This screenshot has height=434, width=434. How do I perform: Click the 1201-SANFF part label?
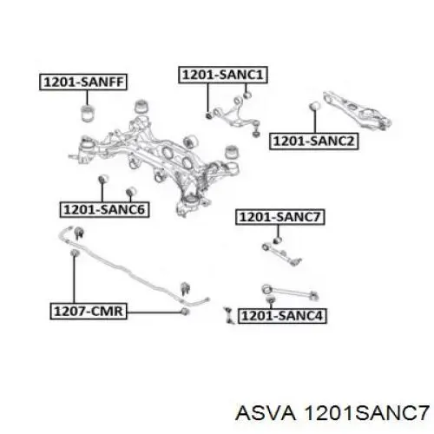83,82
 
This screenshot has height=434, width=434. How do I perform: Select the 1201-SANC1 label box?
222,75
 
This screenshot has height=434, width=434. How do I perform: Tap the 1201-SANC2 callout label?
314,141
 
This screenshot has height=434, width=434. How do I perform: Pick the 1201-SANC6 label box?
104,209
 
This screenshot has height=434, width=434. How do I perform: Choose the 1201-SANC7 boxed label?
279,217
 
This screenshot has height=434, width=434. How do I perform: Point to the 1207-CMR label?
89,311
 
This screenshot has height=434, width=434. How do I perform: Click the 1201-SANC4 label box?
282,315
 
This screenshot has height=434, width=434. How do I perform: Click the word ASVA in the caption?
266,412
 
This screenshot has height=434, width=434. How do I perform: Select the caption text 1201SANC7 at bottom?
366,412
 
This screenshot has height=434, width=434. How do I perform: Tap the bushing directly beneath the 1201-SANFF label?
87,114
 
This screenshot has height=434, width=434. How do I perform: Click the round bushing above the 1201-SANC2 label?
314,106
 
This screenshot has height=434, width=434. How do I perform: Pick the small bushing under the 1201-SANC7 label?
278,240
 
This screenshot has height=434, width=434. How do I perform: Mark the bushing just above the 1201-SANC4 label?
270,299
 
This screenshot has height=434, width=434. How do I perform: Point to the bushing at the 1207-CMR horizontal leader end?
185,312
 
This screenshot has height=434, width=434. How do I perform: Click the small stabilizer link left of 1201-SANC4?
229,315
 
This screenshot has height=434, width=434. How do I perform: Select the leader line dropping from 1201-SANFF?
87,98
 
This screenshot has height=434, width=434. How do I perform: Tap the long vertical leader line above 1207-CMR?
74,279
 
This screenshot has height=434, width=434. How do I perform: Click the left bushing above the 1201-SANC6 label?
102,180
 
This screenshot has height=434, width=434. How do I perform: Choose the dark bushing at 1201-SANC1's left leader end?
208,115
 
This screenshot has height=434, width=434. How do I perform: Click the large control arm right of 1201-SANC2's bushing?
358,111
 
